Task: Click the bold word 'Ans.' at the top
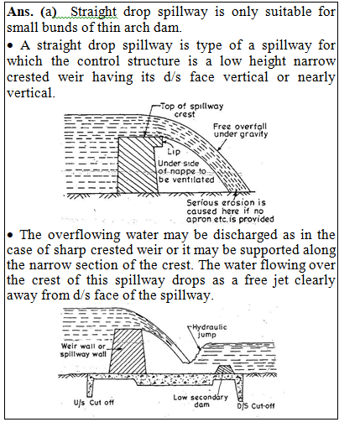(20, 12)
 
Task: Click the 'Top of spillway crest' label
(192, 110)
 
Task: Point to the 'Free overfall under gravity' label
(240, 130)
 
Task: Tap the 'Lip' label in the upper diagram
(174, 151)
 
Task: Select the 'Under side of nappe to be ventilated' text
(186, 171)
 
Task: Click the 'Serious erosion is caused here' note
(230, 211)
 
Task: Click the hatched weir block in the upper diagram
(138, 165)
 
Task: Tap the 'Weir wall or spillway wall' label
(83, 350)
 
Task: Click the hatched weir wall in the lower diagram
(128, 352)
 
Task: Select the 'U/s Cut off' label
(93, 403)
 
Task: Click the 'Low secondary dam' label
(201, 400)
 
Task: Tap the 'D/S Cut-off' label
(255, 406)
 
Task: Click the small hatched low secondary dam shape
(223, 370)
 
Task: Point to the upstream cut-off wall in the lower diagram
(91, 386)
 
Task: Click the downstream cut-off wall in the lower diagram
(239, 387)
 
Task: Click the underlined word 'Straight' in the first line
(93, 12)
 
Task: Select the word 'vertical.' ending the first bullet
(31, 93)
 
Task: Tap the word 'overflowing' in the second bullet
(84, 235)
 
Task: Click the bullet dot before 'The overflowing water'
(10, 235)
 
